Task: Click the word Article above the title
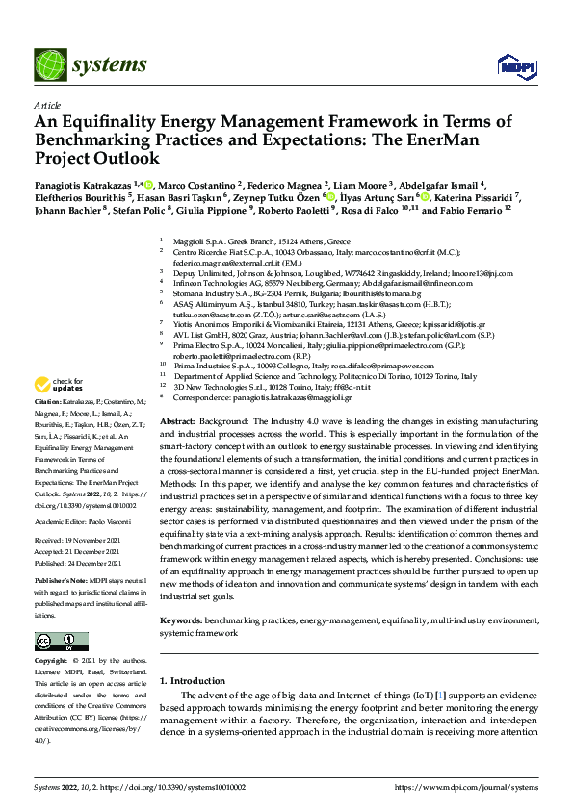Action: point(47,105)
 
